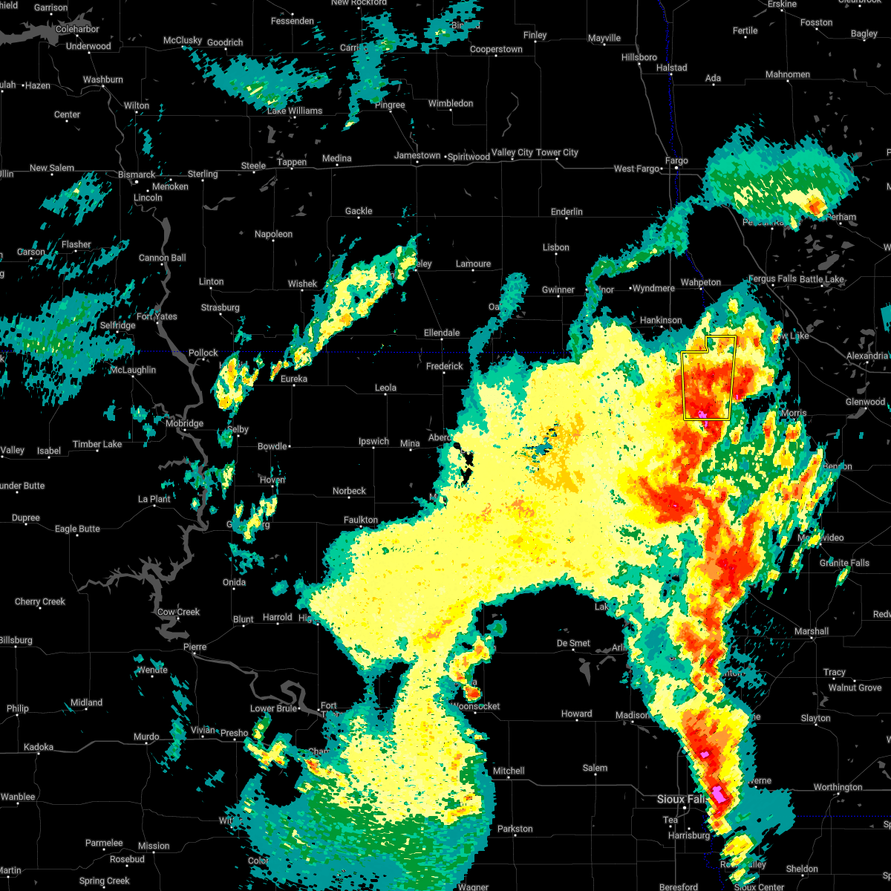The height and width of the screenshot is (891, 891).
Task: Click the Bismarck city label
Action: (x=137, y=174)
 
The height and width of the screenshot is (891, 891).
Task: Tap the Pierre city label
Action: (x=195, y=647)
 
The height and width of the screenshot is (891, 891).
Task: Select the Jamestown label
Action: (x=417, y=155)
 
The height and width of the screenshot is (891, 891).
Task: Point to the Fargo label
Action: (x=676, y=160)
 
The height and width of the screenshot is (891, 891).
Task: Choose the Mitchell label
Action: (x=509, y=771)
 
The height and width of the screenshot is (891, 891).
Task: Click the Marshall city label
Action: (x=811, y=631)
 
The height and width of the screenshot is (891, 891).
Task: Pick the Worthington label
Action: (x=838, y=787)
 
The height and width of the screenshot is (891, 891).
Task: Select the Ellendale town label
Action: (x=442, y=333)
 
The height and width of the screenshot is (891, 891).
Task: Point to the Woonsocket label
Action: (x=475, y=706)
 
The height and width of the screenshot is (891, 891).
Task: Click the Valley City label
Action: (x=512, y=152)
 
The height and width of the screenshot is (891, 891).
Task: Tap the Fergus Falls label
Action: (x=772, y=279)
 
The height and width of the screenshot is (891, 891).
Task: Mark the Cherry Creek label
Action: (x=40, y=601)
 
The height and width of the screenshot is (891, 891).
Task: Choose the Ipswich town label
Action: (x=373, y=441)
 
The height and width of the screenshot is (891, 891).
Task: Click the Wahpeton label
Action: (x=701, y=282)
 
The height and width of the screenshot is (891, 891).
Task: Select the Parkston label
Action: (x=515, y=829)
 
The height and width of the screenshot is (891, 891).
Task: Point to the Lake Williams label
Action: (x=295, y=111)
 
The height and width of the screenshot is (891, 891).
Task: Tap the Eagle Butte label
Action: (x=77, y=529)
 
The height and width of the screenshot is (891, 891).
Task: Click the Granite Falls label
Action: (x=844, y=563)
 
